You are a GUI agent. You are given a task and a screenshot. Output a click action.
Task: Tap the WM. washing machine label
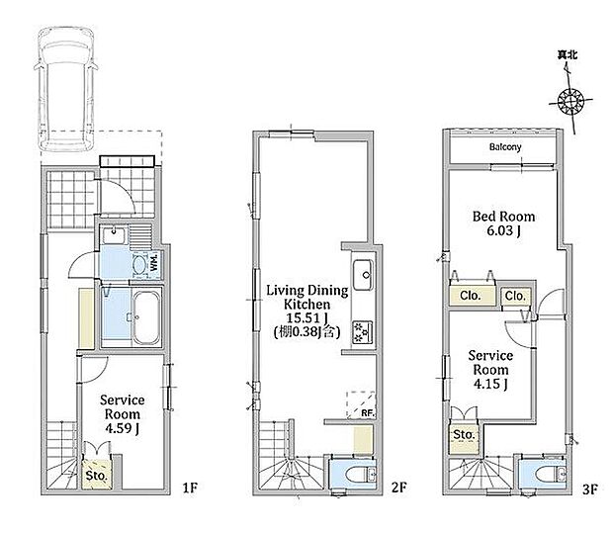154,262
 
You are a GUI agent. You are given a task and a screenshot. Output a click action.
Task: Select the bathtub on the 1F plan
146,317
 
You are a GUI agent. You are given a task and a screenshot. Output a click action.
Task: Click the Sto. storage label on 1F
96,476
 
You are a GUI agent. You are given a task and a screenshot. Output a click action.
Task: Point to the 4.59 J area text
122,428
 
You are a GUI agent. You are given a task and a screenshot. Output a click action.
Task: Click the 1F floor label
190,488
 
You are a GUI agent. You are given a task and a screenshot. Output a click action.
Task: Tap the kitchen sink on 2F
363,275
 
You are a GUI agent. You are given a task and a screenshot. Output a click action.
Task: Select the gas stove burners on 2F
363,332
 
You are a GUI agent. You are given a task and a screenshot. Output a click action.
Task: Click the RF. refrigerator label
368,412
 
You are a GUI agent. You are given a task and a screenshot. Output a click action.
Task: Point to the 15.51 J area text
306,317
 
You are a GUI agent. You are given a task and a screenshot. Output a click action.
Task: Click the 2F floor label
398,488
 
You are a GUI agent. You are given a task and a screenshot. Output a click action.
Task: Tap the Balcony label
505,147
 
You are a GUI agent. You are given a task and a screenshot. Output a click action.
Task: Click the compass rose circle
570,102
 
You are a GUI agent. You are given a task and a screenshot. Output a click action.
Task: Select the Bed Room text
503,217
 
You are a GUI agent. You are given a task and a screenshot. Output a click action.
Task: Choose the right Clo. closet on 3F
516,297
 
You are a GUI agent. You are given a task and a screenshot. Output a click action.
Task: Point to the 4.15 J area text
490,384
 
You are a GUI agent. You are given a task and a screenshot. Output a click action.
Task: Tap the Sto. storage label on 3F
464,435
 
